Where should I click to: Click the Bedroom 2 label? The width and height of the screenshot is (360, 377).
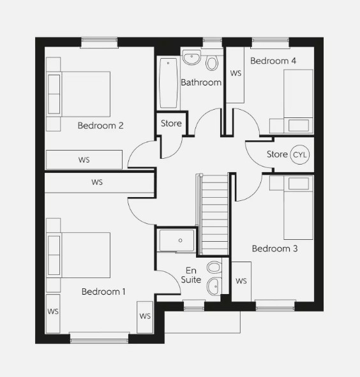(x=100, y=126)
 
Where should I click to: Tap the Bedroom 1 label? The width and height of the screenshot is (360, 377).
(x=103, y=292)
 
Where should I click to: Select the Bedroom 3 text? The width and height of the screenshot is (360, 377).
(x=274, y=248)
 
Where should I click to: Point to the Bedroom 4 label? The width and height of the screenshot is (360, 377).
(x=273, y=61)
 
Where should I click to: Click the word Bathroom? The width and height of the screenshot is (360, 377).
(x=201, y=82)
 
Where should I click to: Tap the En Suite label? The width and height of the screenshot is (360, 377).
(x=192, y=275)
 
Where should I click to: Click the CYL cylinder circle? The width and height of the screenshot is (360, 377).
(x=299, y=154)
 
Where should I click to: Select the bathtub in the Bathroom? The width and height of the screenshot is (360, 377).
(x=169, y=83)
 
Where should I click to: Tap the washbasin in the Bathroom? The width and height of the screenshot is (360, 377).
(x=191, y=59)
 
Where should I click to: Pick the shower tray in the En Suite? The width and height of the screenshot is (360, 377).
(x=177, y=240)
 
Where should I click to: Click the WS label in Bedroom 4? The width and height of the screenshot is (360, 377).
(x=236, y=73)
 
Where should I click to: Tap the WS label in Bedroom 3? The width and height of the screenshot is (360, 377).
(x=241, y=281)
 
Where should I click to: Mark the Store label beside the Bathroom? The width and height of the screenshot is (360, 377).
(x=171, y=123)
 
